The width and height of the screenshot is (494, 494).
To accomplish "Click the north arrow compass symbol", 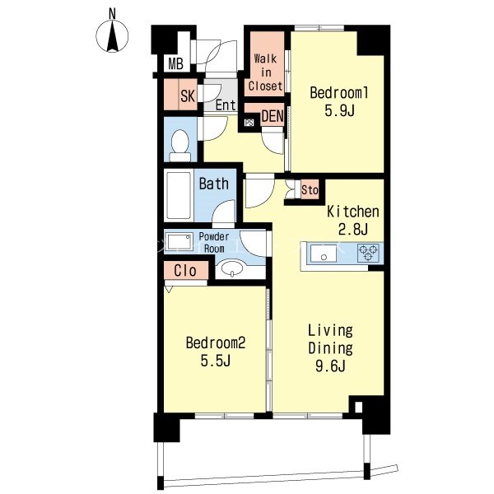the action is tap(113, 35).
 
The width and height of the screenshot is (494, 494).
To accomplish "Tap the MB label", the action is tap(176, 63).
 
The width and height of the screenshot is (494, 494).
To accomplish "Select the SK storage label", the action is tap(188, 96).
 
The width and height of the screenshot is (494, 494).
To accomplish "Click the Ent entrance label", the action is tap(226, 105).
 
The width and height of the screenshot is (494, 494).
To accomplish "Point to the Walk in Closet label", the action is tap(265, 72).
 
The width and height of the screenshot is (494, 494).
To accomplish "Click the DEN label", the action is tap(273, 116).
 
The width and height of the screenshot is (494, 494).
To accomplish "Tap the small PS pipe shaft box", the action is tap(249, 123).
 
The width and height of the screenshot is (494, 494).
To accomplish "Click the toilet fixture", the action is tap(179, 145).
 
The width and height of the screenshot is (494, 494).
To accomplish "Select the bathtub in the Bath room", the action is tap(179, 195).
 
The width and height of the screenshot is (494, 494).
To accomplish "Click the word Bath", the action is tap(213, 184).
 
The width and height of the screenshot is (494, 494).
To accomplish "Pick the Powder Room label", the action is tap(214, 243).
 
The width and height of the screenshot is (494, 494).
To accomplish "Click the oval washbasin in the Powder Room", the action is tap(232, 268).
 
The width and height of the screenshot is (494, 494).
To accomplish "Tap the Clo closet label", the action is tap(185, 271).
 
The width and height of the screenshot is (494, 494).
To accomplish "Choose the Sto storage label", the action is tap(310, 190).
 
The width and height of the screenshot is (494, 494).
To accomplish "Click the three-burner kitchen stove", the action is tap(368, 253).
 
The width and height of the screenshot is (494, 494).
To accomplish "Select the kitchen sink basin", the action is tap(324, 254).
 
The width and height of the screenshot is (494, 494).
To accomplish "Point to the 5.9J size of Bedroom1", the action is tap(339, 110).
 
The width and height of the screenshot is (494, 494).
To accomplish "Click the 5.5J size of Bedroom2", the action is tap(215, 361).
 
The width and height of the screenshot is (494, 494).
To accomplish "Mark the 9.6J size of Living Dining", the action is tap(330, 366).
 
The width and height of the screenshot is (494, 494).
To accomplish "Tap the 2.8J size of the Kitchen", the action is tap(353, 229).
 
